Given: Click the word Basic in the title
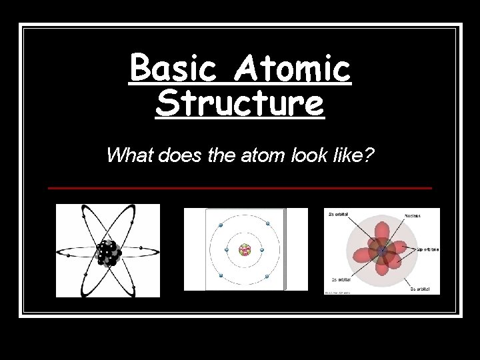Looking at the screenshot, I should pos(171,69).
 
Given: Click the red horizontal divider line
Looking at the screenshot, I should pos(240,188).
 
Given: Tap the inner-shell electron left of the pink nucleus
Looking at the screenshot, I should pos(227,250).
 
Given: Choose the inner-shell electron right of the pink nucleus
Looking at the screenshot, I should pos(261,250).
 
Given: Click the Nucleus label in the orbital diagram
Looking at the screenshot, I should pos(413,216).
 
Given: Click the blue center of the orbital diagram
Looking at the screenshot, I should pos(381,253).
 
